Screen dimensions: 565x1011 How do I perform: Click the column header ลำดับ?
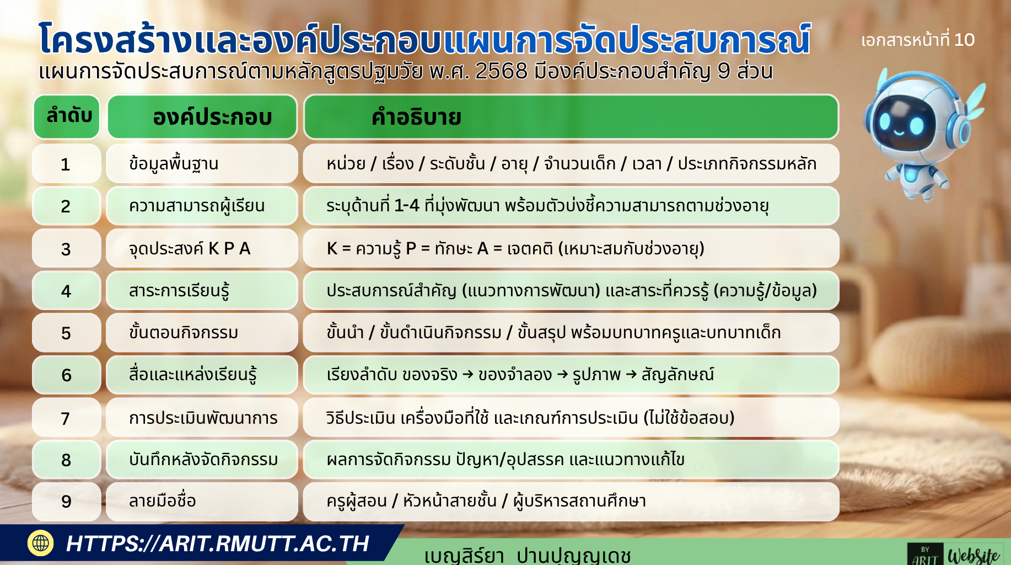pos(67,116)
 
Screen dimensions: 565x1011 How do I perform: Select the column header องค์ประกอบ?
pos(202,117)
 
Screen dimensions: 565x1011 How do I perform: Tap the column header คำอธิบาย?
pos(571,117)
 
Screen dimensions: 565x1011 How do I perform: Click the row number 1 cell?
pos(66,164)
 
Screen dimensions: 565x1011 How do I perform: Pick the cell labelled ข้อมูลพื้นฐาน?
pos(202,164)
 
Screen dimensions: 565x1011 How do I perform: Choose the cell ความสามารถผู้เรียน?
pos(202,206)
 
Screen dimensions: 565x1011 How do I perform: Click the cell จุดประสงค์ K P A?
pos(202,248)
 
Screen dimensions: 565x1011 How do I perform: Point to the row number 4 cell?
pos(66,291)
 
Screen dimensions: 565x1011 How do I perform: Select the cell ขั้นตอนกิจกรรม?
pos(202,333)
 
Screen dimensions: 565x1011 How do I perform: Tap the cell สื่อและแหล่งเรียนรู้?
pos(202,375)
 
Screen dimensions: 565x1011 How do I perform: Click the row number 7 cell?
pos(66,418)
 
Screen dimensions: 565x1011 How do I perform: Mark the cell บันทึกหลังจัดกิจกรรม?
pos(202,459)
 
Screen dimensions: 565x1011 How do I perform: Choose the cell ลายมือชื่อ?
pos(202,501)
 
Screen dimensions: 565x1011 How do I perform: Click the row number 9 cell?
pos(66,501)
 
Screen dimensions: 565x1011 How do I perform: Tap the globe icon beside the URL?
pos(41,543)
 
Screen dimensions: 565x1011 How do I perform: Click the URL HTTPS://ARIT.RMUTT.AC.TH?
pos(217,544)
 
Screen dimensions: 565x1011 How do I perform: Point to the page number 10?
pos(964,40)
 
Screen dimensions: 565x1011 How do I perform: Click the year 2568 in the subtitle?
pos(501,71)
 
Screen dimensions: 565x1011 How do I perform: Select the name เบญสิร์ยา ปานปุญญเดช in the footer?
pos(527,555)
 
